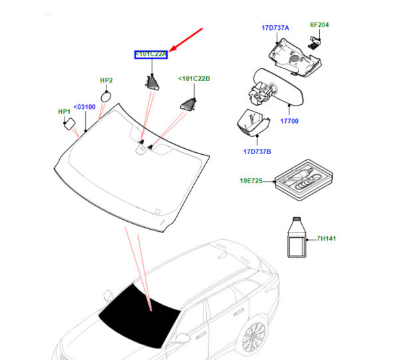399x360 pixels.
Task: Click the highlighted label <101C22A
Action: coord(151,54)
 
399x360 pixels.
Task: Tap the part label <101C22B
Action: coord(194,79)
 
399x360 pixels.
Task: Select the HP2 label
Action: coord(106,80)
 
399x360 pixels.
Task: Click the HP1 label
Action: coord(64,112)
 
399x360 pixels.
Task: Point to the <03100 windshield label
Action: coord(84,106)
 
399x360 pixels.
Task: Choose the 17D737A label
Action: coord(275,28)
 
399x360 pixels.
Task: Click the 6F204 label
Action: coord(319,25)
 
